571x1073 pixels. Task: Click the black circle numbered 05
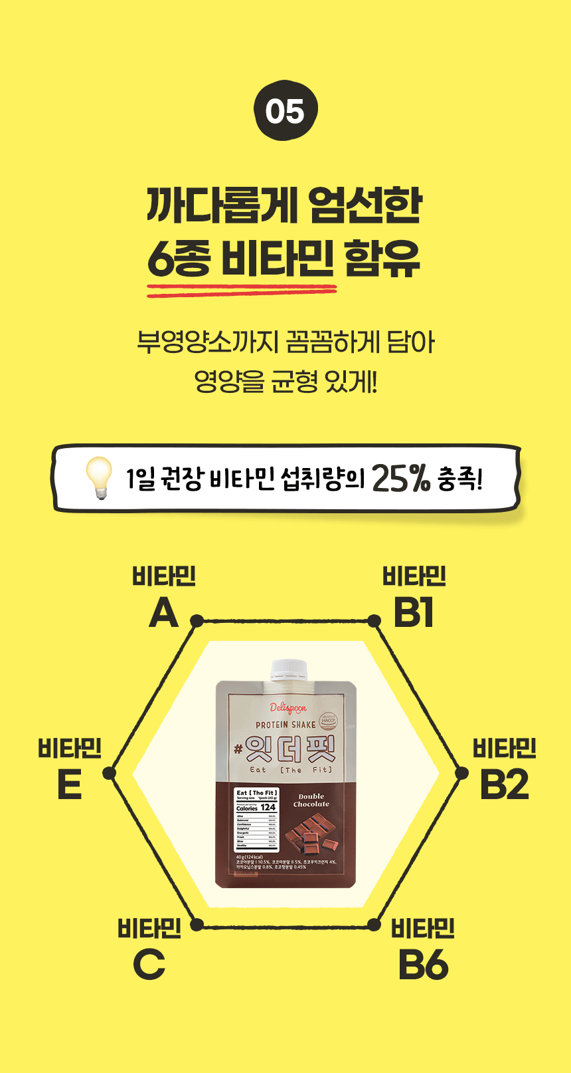(x=285, y=111)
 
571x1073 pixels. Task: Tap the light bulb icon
(x=100, y=477)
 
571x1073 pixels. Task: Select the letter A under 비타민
(x=163, y=613)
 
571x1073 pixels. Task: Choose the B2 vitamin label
(x=504, y=784)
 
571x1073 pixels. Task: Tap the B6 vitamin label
(x=423, y=965)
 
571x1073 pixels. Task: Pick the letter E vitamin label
(x=69, y=784)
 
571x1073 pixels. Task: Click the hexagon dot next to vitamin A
(x=197, y=621)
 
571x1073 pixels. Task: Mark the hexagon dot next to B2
(x=461, y=773)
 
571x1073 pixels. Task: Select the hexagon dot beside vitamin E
(x=110, y=773)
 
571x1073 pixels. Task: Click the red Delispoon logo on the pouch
(x=287, y=708)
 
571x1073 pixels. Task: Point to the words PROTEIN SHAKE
(x=285, y=725)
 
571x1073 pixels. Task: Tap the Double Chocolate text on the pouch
(x=311, y=800)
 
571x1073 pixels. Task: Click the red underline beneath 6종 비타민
(x=242, y=289)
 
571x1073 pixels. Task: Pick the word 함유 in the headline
(x=382, y=259)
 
